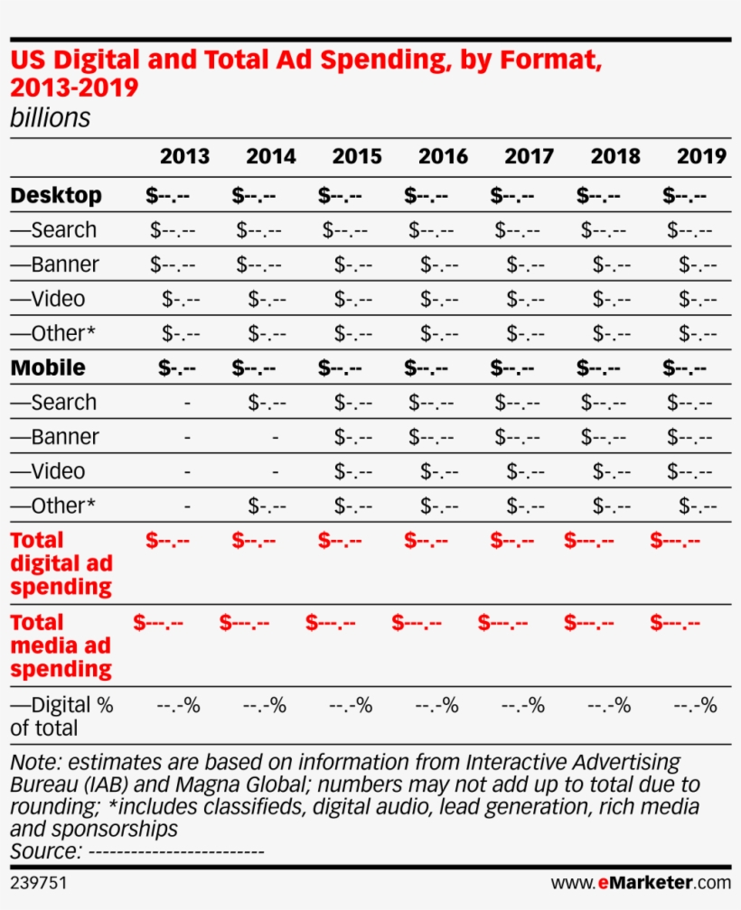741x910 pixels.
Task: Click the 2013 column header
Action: pos(184,156)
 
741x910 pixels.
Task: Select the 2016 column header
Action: pos(443,156)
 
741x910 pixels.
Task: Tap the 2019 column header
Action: pos(701,156)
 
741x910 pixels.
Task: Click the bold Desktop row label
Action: pos(56,195)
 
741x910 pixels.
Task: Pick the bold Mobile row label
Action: pos(48,367)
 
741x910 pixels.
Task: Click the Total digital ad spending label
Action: pos(61,563)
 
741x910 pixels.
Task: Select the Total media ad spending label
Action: pos(61,645)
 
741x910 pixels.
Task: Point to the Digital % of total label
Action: pos(61,716)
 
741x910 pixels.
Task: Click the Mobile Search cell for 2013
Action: pos(187,403)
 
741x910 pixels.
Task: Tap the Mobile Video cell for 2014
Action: pos(275,471)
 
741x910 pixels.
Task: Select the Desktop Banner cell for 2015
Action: pos(353,265)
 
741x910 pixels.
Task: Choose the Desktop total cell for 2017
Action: pos(512,195)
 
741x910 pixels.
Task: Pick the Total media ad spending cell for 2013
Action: pos(158,623)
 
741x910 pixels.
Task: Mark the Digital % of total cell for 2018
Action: pos(609,705)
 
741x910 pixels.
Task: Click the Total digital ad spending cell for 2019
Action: pos(675,541)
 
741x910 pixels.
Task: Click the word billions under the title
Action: pos(50,118)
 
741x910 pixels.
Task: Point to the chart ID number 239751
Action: pos(39,881)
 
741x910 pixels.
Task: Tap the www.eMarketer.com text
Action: pos(641,881)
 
